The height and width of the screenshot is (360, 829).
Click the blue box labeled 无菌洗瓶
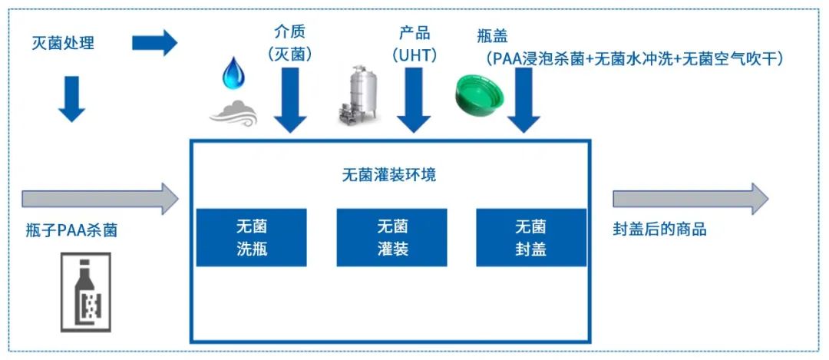click(x=251, y=237)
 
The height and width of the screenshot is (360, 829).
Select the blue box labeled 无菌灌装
click(x=391, y=237)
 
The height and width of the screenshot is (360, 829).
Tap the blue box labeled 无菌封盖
click(x=531, y=237)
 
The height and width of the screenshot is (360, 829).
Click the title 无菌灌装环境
click(x=389, y=175)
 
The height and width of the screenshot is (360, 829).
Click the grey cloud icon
click(x=233, y=113)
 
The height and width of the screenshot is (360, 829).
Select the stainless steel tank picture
click(x=359, y=94)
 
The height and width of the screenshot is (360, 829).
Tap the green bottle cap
click(x=480, y=95)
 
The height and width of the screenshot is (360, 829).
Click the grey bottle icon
click(x=86, y=292)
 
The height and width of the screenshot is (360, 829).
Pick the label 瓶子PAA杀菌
click(x=71, y=231)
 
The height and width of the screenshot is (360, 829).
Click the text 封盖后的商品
click(x=660, y=229)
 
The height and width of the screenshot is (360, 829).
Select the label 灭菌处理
click(x=63, y=43)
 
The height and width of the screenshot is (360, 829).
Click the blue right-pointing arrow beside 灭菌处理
click(x=154, y=43)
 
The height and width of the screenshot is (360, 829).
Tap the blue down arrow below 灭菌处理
click(x=71, y=99)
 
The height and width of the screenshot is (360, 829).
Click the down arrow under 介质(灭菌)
click(x=290, y=100)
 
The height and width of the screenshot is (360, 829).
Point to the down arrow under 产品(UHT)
click(x=414, y=100)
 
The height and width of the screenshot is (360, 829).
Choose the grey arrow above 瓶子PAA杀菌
click(x=101, y=199)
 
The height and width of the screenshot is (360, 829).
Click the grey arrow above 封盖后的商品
click(x=691, y=199)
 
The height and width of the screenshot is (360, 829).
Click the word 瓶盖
click(x=492, y=37)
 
